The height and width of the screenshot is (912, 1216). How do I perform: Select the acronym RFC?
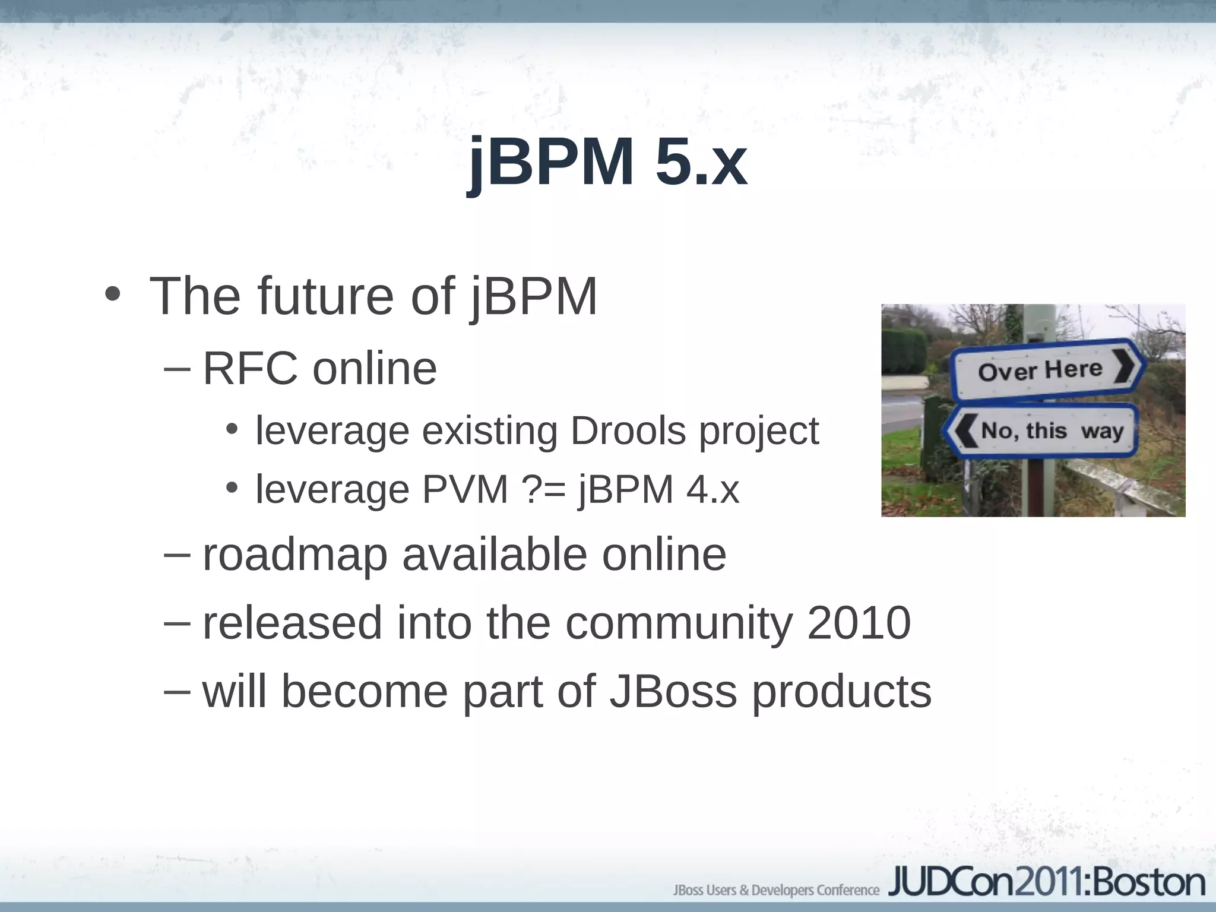coord(250,369)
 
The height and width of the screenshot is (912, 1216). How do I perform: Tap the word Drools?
coord(628,430)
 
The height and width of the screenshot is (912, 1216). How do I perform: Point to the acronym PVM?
coord(465,490)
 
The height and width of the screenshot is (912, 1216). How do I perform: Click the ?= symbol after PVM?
coord(544,490)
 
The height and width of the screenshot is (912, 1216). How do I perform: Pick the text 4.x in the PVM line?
coord(712,490)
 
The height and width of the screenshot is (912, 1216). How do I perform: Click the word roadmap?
coord(295,555)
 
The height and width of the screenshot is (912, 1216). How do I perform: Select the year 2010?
coord(859,623)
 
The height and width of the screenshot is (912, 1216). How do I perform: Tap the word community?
coord(679,623)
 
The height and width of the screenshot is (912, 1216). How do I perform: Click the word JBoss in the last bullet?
coord(673,691)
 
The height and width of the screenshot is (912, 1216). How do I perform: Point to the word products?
coord(842,692)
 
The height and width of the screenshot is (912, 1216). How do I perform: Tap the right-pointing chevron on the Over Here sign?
coord(1125,366)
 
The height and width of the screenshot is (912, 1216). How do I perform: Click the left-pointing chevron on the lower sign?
coord(964,431)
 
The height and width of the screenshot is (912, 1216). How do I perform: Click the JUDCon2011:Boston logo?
coord(1046,883)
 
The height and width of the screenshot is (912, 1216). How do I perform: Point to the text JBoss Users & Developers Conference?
coord(776,890)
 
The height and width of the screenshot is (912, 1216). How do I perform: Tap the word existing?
coord(489,430)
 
